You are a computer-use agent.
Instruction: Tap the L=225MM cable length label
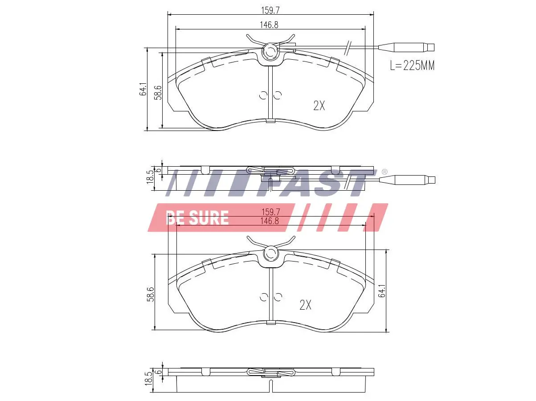412,66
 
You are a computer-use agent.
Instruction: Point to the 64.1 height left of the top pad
143,89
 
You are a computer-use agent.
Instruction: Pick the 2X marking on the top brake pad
319,106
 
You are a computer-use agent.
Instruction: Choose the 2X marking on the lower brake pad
305,305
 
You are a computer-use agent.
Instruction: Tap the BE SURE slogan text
197,218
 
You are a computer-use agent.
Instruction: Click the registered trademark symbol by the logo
385,172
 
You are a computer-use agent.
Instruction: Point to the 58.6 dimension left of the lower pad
151,295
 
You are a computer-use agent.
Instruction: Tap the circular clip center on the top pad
270,52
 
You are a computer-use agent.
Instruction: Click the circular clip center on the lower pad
270,254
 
